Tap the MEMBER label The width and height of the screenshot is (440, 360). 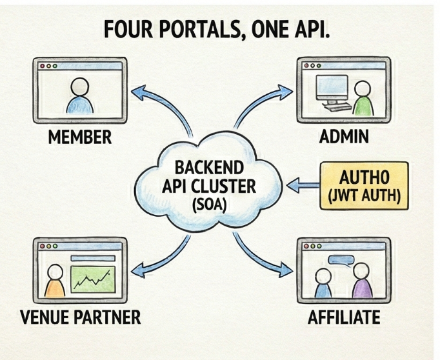pos(80,137)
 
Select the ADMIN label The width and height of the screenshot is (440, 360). pos(344,137)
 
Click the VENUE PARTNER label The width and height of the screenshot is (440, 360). pos(80,318)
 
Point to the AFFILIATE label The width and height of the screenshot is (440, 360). pos(344,318)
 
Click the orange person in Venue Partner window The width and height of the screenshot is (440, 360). pos(55,284)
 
